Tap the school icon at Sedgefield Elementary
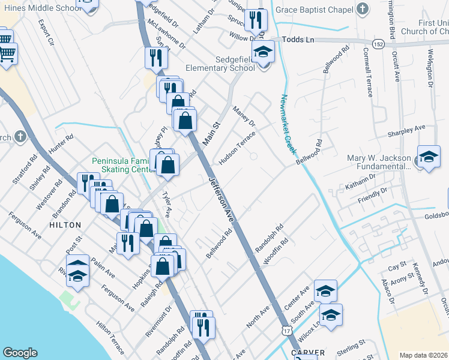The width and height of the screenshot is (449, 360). click(x=262, y=53)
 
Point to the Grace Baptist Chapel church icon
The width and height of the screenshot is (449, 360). click(x=362, y=10)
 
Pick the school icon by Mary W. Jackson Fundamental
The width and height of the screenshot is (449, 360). click(x=429, y=157)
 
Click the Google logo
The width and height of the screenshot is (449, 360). click(x=20, y=353)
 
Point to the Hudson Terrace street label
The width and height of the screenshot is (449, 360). click(x=237, y=144)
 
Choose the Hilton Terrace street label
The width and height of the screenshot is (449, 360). click(x=110, y=336)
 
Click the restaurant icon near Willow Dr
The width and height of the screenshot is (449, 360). click(x=256, y=21)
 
